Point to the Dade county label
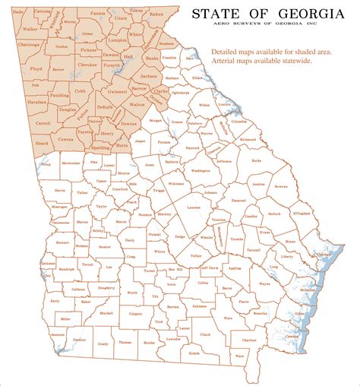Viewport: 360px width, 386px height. (18, 12)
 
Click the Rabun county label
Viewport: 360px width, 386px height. (156, 14)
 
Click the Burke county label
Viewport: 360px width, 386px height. (256, 161)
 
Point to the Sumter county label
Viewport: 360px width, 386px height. (105, 246)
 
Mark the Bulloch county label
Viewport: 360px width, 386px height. (274, 215)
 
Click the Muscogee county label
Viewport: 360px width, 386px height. (58, 206)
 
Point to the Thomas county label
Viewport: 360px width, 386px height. (125, 343)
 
